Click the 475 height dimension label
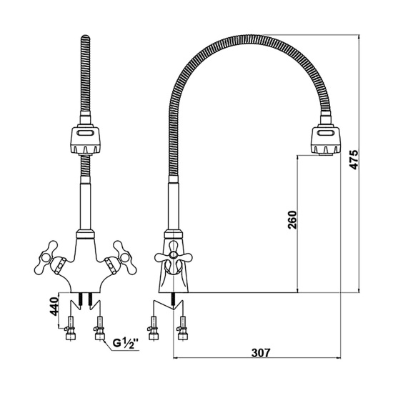point(354,159)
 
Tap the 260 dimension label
point(292,219)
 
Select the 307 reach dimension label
point(261,353)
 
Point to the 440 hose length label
point(54,306)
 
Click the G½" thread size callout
point(126,342)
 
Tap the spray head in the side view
point(326,140)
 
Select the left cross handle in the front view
point(49,258)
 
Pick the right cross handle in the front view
point(121,258)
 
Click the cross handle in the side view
point(173,256)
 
